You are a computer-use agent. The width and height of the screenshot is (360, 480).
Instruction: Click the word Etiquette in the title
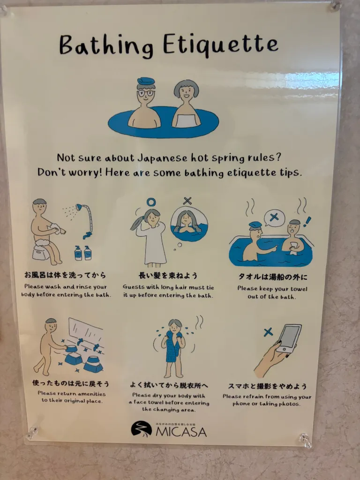point(220,45)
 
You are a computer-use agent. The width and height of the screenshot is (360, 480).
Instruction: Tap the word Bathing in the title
point(106,46)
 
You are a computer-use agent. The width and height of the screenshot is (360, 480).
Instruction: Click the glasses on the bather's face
point(146,93)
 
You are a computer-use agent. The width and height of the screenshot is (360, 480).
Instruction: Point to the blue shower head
point(79,207)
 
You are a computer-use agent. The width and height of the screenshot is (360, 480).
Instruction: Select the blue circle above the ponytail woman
point(151,202)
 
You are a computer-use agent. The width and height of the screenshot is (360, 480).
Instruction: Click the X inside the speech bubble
point(274,217)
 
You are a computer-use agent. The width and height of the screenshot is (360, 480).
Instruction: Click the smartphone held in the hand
point(289,338)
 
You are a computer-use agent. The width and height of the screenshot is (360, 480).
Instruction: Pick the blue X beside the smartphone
point(268,332)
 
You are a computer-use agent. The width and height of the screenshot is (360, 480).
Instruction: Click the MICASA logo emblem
point(142,428)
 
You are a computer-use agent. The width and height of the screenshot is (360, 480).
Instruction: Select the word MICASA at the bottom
point(181,432)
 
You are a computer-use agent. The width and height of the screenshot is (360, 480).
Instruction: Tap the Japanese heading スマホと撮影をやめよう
point(267,386)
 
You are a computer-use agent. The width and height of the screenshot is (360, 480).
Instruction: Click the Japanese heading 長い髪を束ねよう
point(168,276)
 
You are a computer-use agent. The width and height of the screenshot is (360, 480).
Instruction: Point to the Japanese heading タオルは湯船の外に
point(272,277)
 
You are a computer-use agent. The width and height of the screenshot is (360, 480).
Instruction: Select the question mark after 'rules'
point(278,157)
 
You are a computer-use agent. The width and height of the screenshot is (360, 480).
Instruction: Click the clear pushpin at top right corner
point(335,6)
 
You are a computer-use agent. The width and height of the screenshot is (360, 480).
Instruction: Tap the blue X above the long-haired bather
point(187,201)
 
